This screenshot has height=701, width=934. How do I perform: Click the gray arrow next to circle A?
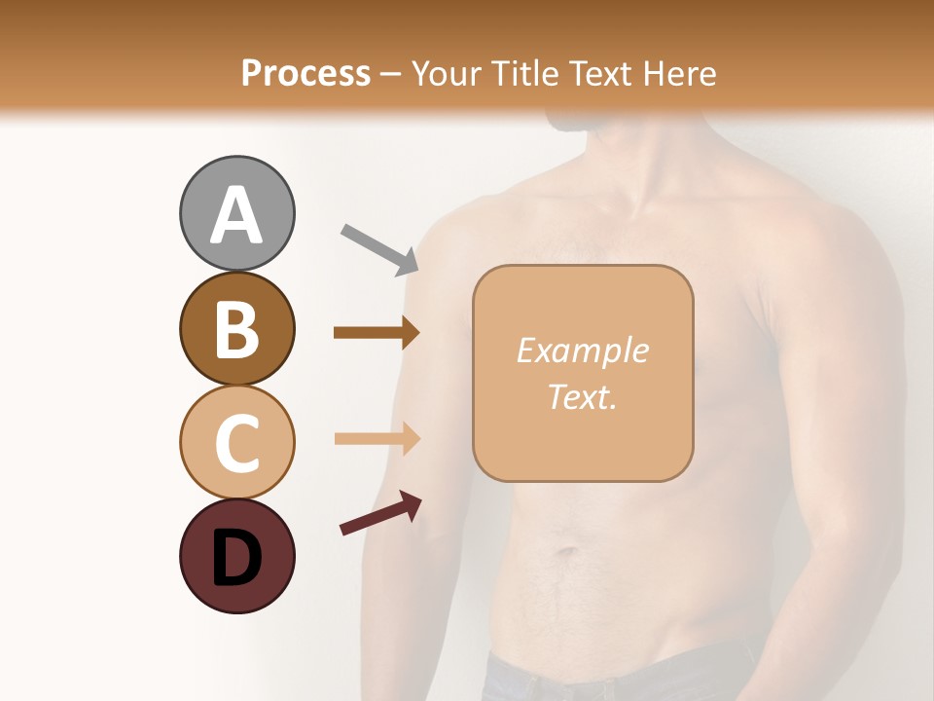coord(379,249)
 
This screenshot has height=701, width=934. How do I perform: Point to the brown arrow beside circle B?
coord(376,333)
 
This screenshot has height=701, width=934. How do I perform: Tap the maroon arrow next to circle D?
coord(380,513)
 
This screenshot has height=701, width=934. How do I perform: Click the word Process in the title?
coord(305,73)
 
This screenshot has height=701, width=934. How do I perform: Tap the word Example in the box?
coord(582,350)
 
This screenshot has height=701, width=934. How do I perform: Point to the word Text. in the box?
coord(582,396)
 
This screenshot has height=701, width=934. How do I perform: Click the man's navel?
coord(567,554)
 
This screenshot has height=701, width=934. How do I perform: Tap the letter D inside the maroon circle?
coord(237,560)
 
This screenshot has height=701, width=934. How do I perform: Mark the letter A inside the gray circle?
coord(237,216)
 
